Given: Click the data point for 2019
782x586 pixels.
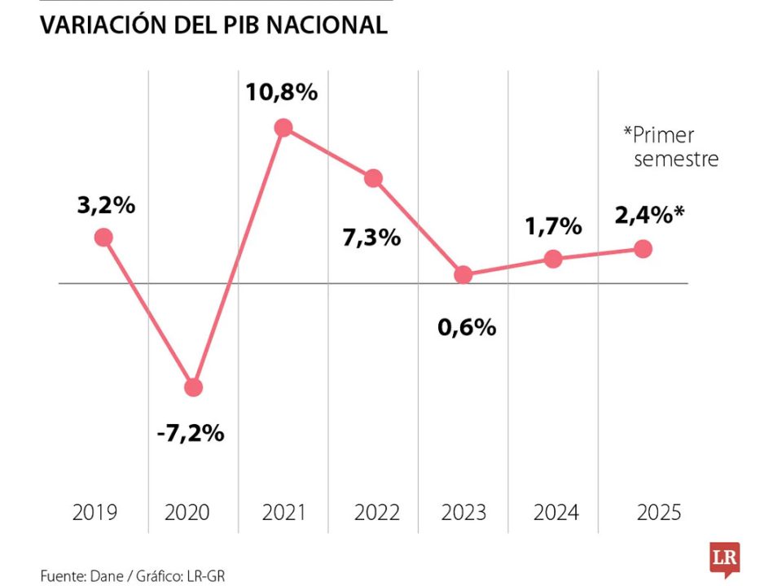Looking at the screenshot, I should coord(103,237).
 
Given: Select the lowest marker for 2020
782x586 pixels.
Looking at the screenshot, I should coord(193,387).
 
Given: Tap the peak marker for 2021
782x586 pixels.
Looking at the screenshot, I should coord(283,127).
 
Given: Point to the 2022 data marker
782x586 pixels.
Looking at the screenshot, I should coord(373,178).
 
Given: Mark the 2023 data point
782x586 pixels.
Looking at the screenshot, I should coord(463,275).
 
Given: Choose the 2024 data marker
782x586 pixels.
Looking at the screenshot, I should coord(553,259).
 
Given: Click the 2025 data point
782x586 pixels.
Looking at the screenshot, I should coord(643,248).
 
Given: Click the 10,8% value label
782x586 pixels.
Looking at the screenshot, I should coord(282,93).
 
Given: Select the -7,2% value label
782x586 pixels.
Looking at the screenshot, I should coord(190,433).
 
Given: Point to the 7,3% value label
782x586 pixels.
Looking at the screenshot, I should coord(371,238).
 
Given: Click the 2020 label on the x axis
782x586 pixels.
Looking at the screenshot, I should coord(187,513).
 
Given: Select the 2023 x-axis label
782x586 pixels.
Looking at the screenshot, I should coord(463,513).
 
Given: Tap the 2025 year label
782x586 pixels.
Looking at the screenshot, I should coord(658,513).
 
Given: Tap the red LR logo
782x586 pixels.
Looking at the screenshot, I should coord(724,560).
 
